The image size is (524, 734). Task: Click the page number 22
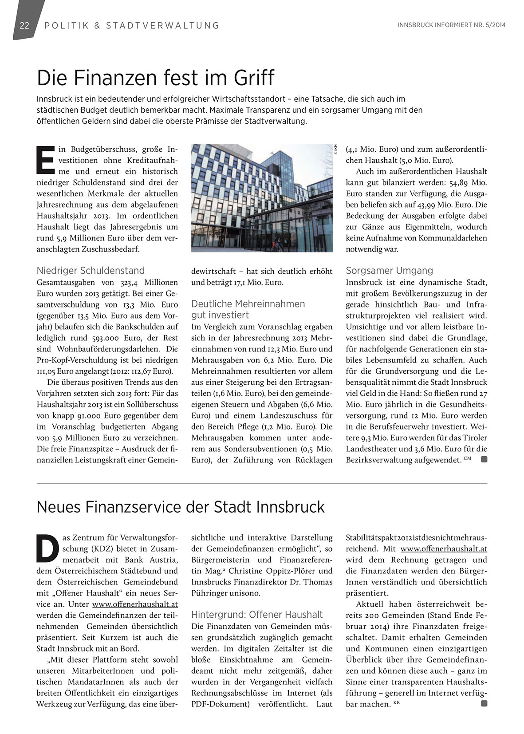pos(24,25)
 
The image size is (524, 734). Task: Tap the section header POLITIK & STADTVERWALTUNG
pos(132,25)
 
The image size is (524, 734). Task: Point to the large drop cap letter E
pos(45,158)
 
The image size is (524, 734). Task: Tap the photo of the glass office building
pos(262,198)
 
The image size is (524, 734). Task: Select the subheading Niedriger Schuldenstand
pos(91,271)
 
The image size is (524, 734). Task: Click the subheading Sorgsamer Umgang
pos(389,271)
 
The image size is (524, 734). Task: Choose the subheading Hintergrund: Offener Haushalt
pos(257,615)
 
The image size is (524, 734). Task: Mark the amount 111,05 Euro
pos(58,371)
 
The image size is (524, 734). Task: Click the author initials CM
pos(468,458)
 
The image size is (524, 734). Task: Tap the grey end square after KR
pos(484,703)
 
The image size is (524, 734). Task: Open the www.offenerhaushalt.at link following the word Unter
pos(135,604)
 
